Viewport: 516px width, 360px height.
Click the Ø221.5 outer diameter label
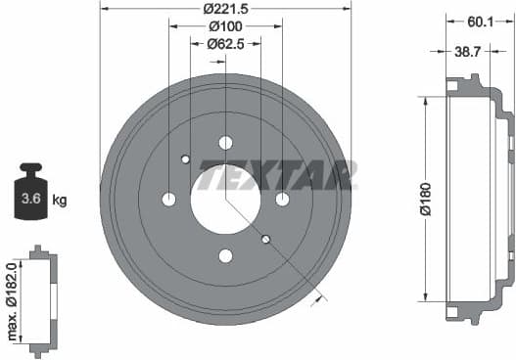[225, 9]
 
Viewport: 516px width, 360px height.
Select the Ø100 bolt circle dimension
[225, 26]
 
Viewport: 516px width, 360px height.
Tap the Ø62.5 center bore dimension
[225, 43]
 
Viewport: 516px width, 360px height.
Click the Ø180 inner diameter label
[424, 198]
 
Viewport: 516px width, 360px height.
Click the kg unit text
[60, 201]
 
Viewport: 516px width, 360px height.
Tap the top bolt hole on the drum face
[225, 143]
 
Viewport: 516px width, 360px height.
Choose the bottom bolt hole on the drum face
[225, 256]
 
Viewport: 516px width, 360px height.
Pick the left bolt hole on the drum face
[168, 200]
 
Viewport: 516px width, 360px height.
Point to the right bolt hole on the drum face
[282, 200]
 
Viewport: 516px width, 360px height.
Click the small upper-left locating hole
[185, 159]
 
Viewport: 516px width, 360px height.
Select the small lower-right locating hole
[265, 239]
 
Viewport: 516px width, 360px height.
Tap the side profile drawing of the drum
[477, 199]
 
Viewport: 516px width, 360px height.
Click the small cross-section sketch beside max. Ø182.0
[42, 300]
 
